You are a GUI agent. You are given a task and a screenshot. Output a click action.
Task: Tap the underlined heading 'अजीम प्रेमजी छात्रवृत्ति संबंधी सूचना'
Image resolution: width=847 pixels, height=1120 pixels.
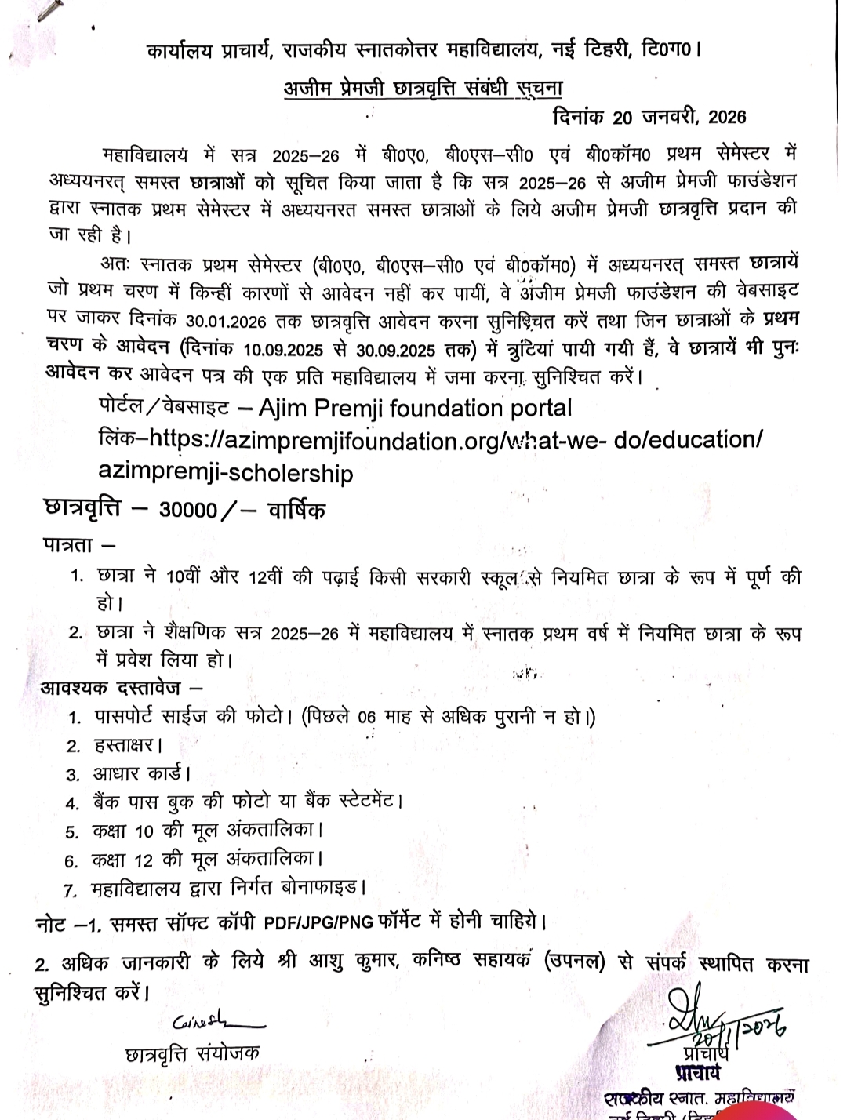423,88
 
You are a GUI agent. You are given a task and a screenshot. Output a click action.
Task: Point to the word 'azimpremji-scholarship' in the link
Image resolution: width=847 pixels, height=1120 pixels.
226,473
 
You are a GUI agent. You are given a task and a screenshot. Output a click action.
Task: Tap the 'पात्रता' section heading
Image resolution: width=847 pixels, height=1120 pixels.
69,543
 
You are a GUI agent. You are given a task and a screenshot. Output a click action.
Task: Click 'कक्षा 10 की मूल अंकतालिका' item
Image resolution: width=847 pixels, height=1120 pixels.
207,831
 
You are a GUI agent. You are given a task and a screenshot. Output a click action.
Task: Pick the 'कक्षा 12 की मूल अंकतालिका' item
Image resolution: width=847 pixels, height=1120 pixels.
207,860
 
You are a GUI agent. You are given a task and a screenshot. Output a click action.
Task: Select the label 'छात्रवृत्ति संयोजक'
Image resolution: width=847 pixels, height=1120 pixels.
192,1053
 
